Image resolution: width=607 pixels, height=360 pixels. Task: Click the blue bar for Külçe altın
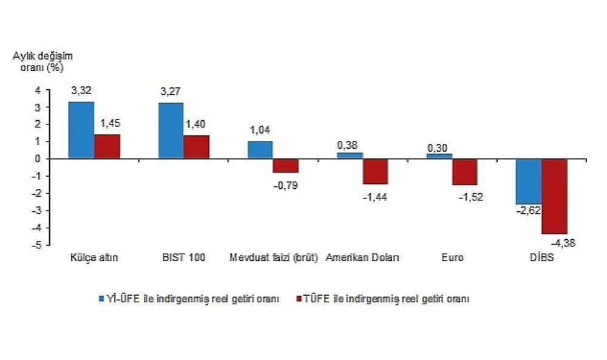(81, 130)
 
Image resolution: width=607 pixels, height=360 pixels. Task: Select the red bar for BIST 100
(196, 147)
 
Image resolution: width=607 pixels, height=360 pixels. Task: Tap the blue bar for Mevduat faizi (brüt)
(260, 150)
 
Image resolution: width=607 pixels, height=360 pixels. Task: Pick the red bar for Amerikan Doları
(375, 171)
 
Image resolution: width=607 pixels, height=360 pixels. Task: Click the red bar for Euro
(464, 172)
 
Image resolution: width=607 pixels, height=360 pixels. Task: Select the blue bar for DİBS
(529, 182)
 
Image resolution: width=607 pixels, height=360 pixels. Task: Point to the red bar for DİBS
(554, 196)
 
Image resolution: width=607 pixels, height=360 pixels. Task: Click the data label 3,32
(81, 91)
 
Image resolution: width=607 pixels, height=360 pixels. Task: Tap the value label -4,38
(563, 243)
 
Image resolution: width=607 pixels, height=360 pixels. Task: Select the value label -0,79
(286, 186)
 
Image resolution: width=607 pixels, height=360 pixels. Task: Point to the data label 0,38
(347, 145)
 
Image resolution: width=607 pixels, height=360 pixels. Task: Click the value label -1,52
(471, 197)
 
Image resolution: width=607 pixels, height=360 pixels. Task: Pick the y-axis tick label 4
(38, 90)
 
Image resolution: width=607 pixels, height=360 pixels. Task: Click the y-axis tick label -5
(36, 245)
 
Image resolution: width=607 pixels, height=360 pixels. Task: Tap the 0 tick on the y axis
(38, 159)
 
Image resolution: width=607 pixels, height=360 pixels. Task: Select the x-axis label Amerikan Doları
(362, 258)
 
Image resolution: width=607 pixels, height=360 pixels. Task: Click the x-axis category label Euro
(453, 258)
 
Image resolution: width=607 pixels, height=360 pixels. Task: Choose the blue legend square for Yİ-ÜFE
(102, 299)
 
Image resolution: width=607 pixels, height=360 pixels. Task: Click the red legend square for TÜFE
(299, 299)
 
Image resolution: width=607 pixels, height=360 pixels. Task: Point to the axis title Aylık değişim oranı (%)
(42, 62)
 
